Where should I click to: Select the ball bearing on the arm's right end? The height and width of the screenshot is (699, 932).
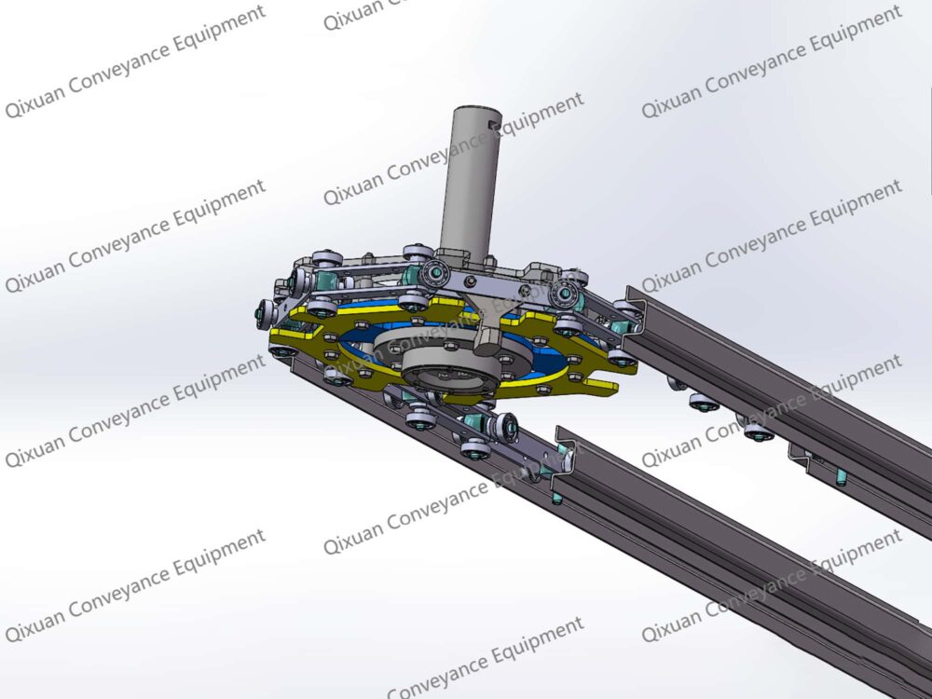[x=562, y=295]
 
